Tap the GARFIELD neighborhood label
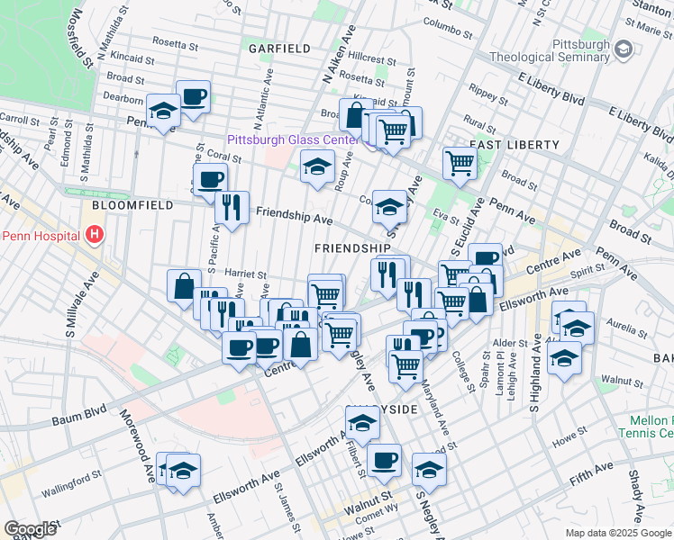(282, 49)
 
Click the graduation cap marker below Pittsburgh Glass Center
(316, 166)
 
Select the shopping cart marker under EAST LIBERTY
(460, 164)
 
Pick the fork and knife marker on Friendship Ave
(232, 207)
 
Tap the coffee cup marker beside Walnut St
(384, 460)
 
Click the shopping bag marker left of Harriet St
(184, 286)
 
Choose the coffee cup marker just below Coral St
(211, 179)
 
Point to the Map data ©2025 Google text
(617, 533)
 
